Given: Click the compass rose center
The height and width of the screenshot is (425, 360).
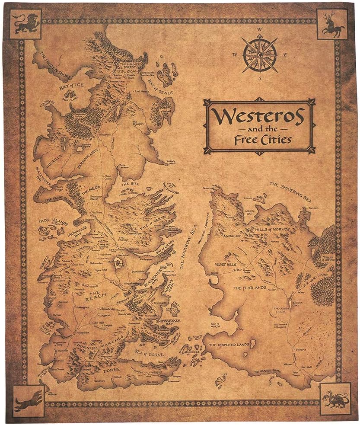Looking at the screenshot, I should point(260,54).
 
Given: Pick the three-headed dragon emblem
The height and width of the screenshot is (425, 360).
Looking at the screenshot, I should point(334,399).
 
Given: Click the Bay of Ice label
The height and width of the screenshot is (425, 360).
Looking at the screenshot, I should point(71,85).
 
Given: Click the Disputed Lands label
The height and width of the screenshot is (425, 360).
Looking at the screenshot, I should point(229,345).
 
